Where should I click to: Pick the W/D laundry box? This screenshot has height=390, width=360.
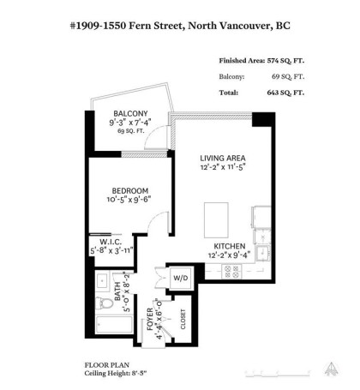[181, 278]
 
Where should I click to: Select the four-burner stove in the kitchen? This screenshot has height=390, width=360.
[231, 271]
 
